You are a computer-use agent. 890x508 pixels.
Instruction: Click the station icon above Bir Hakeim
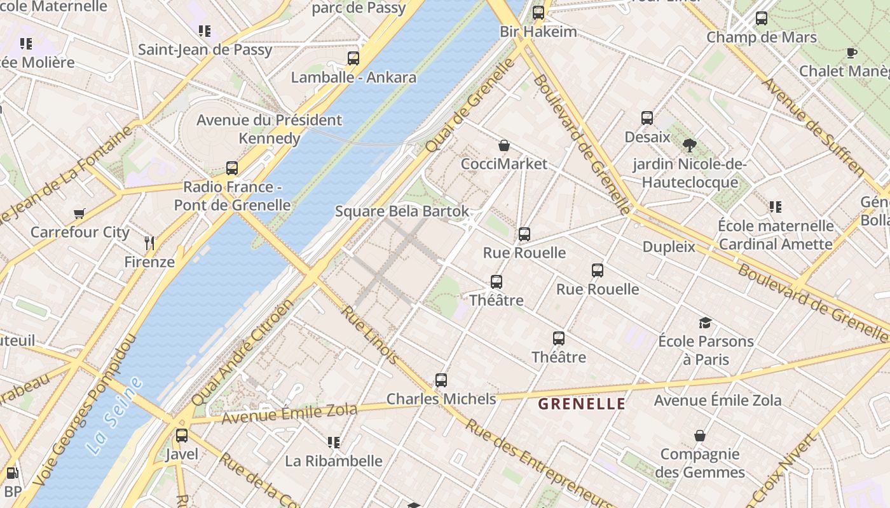point(538,12)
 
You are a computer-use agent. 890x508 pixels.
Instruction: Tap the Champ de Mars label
point(762,37)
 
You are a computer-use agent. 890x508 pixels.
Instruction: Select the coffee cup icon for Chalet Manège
point(851,53)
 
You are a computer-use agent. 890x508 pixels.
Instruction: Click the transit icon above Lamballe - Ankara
point(353,58)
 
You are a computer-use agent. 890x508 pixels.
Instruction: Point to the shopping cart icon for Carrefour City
point(79,214)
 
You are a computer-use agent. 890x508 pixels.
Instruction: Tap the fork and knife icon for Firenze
point(149,243)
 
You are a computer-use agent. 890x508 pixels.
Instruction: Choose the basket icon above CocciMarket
point(503,145)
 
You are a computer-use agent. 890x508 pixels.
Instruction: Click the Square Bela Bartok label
point(402,211)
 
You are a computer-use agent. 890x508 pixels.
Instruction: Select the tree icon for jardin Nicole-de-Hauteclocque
point(689,145)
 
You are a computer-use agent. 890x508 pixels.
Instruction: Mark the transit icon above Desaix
point(647,118)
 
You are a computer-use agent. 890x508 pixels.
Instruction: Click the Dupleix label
point(669,247)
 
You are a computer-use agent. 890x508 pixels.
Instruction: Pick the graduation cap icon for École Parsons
point(705,323)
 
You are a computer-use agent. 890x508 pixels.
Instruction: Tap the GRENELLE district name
point(582,404)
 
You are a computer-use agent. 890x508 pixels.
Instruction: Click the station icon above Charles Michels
point(441,380)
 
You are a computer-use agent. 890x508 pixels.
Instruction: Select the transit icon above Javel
point(182,436)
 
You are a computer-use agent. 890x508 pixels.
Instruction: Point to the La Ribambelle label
point(334,461)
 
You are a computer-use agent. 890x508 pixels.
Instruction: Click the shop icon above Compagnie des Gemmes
point(699,436)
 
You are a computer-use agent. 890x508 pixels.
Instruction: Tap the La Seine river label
point(114,416)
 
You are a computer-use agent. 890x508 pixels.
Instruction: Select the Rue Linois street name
point(370,335)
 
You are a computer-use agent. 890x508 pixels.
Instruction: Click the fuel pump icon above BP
point(11,473)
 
